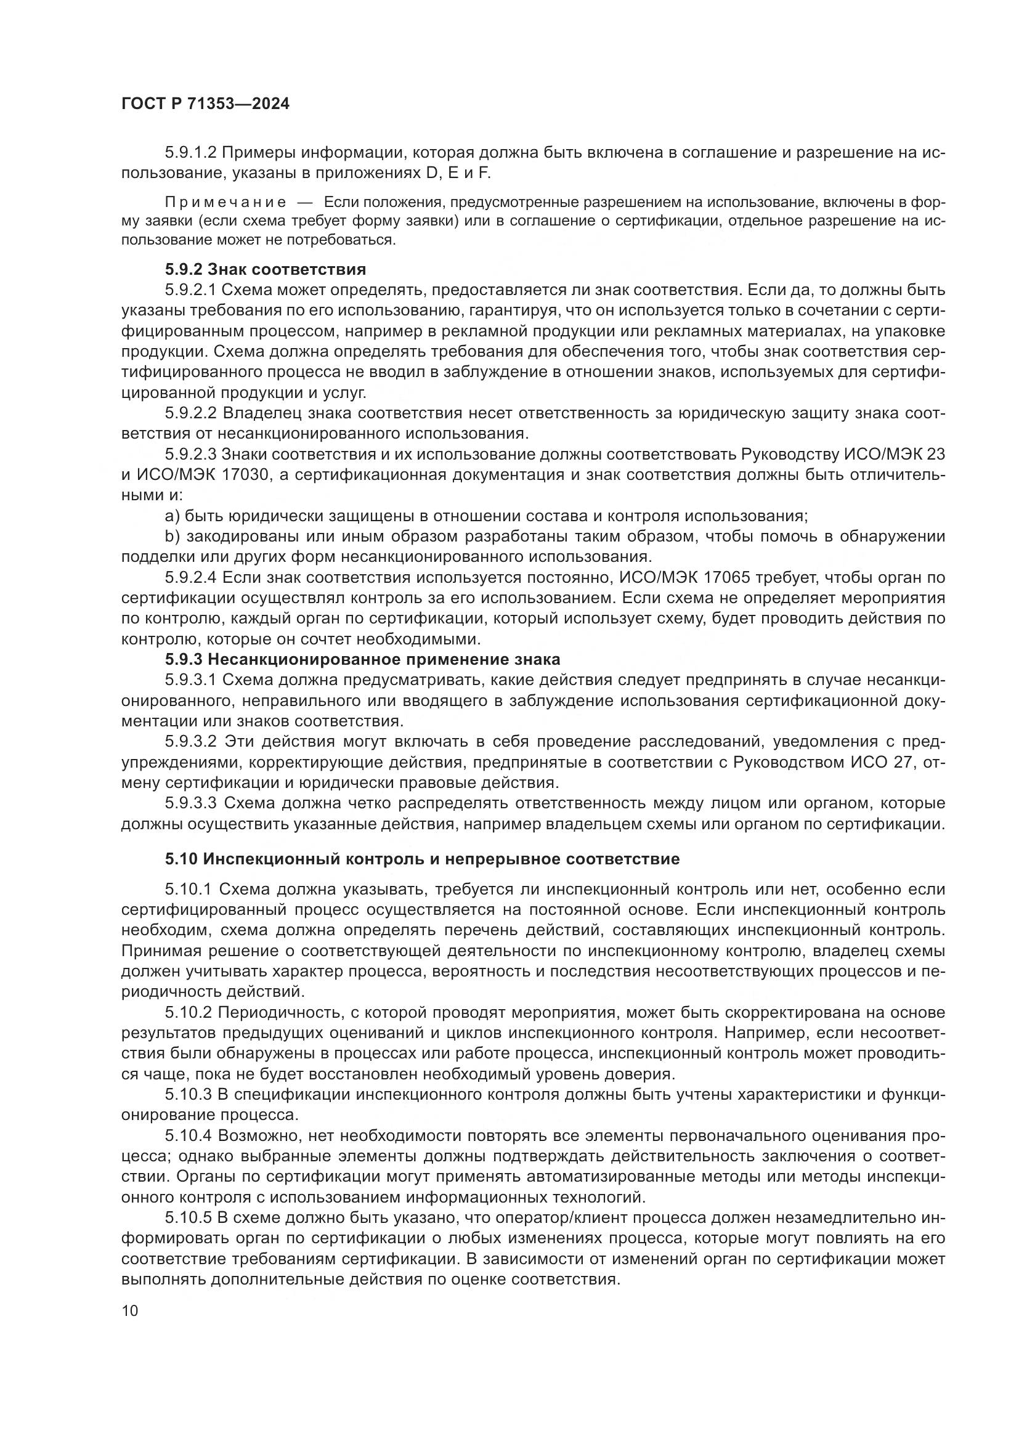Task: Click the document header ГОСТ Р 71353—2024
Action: (205, 104)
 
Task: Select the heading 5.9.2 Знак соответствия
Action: (266, 269)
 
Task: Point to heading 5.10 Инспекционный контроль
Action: (422, 859)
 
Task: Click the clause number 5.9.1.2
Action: (191, 153)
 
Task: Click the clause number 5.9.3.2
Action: (191, 741)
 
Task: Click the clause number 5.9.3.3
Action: (191, 803)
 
